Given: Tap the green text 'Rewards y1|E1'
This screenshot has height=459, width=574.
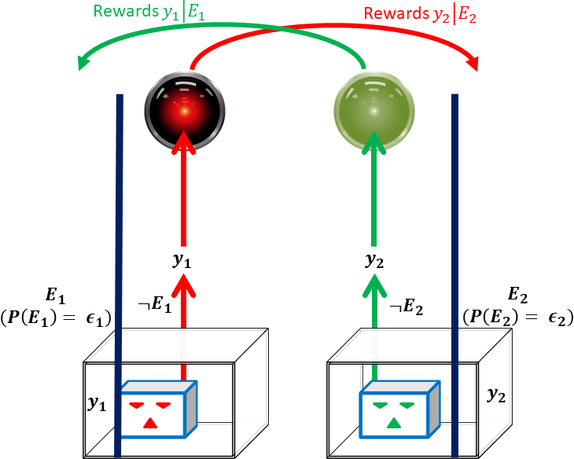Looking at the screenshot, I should [145, 12].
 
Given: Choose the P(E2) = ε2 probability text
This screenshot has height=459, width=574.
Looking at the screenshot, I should [517, 318].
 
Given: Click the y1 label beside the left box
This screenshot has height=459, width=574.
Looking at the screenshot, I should [98, 403].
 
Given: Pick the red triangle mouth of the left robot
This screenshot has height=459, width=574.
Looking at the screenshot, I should [149, 424].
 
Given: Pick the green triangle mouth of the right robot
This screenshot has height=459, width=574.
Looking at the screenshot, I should [392, 424].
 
